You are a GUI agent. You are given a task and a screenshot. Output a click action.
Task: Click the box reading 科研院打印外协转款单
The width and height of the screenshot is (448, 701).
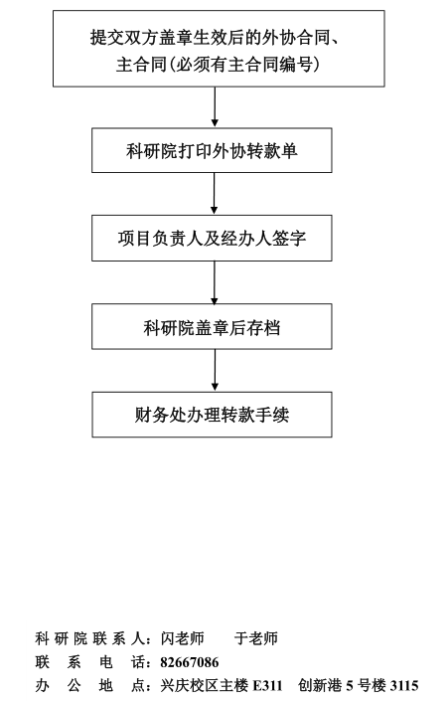212,150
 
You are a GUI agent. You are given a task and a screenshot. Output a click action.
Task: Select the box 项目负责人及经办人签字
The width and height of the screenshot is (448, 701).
212,238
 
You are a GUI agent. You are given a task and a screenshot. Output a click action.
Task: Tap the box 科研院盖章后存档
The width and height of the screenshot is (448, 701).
212,326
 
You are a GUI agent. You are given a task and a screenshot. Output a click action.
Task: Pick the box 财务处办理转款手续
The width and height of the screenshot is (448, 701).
212,415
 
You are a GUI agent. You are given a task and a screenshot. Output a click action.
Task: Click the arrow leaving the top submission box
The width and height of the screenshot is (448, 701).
215,106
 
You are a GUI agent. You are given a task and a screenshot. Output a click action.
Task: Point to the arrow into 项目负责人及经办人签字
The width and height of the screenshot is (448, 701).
214,193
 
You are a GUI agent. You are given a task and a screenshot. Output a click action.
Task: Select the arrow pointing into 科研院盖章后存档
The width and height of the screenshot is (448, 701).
215,282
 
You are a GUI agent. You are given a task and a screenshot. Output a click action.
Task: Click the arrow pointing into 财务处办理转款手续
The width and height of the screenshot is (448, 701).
215,370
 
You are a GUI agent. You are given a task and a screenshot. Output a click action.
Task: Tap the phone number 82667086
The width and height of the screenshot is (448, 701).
190,662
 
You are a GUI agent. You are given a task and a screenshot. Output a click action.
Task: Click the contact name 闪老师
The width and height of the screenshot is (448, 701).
182,638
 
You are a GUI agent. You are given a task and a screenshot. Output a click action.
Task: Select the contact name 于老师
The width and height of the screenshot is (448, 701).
256,638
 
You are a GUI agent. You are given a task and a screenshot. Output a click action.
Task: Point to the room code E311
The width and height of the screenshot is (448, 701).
267,685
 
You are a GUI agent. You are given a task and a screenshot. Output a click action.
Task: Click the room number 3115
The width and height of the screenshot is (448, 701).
404,685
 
